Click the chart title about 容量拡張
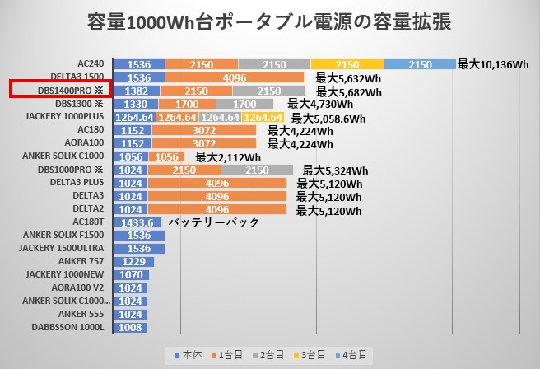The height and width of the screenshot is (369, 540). click(268, 22)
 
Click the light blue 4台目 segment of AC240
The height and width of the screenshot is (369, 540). click(420, 64)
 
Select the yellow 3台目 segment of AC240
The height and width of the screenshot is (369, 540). click(347, 64)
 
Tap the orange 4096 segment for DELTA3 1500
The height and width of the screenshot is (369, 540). click(235, 77)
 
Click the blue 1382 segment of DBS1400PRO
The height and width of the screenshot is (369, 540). click(137, 91)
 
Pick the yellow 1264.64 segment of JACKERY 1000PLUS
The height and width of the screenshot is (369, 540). click(263, 117)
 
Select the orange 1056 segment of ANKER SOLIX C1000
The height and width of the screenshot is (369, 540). click(167, 156)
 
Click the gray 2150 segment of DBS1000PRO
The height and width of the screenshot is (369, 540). click(257, 170)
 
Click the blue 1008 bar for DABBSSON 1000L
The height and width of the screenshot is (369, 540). click(130, 327)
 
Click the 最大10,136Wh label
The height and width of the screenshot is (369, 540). click(492, 64)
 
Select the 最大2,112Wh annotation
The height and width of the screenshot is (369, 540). click(228, 157)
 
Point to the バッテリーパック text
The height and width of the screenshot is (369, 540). click(213, 222)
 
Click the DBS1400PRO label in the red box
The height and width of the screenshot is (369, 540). click(57, 90)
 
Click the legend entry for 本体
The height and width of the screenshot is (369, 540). click(190, 355)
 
